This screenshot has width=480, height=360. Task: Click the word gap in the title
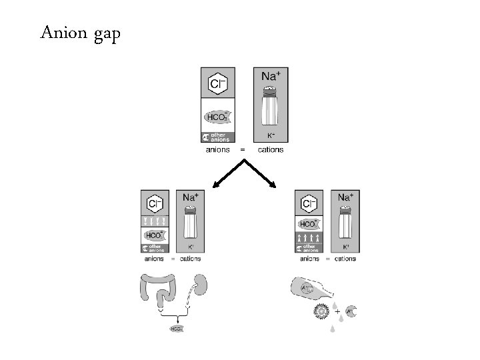pos(104,34)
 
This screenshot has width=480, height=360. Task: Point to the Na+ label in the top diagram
pos(270,77)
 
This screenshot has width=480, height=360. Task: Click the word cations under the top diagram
pos(270,150)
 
